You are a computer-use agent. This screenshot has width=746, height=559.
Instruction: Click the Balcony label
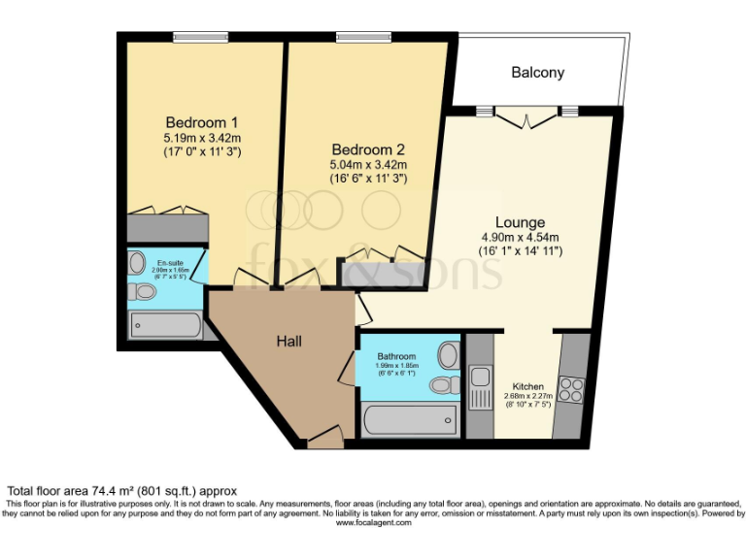[537, 73]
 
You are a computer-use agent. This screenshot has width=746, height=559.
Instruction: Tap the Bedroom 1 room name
[202, 122]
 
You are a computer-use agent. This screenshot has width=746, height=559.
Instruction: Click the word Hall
[288, 342]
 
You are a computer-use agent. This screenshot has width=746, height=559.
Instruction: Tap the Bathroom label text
[397, 356]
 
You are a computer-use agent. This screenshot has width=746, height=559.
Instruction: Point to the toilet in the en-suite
[144, 291]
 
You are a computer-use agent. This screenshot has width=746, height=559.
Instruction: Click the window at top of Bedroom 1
[202, 38]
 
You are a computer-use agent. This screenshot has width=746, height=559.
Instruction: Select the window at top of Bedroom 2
[364, 38]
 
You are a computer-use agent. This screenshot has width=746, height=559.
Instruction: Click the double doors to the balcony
[529, 114]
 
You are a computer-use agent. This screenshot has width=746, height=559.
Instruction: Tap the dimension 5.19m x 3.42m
[202, 139]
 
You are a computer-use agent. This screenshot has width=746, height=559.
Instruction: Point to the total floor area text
[122, 491]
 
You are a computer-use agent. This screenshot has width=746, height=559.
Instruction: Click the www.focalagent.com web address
[373, 522]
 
